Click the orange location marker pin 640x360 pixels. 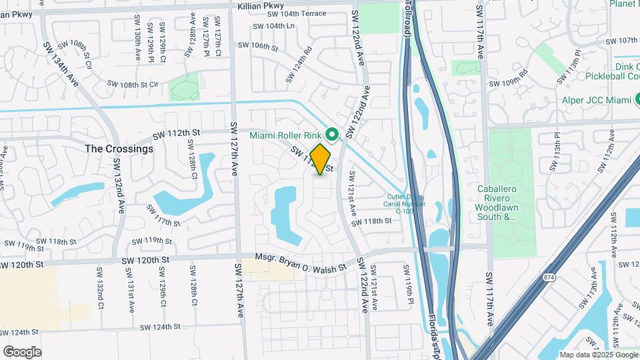coord(321,159)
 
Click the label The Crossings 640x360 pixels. coord(119,149)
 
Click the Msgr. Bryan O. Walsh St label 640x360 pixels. coord(302,262)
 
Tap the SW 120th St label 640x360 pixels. coord(22,265)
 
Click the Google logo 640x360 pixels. coord(22,351)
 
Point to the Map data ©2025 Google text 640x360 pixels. coord(598,355)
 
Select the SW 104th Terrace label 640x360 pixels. coord(297,13)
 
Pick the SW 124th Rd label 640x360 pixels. coord(299,64)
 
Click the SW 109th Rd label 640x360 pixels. coord(508,83)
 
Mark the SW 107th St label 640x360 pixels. coord(623,41)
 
